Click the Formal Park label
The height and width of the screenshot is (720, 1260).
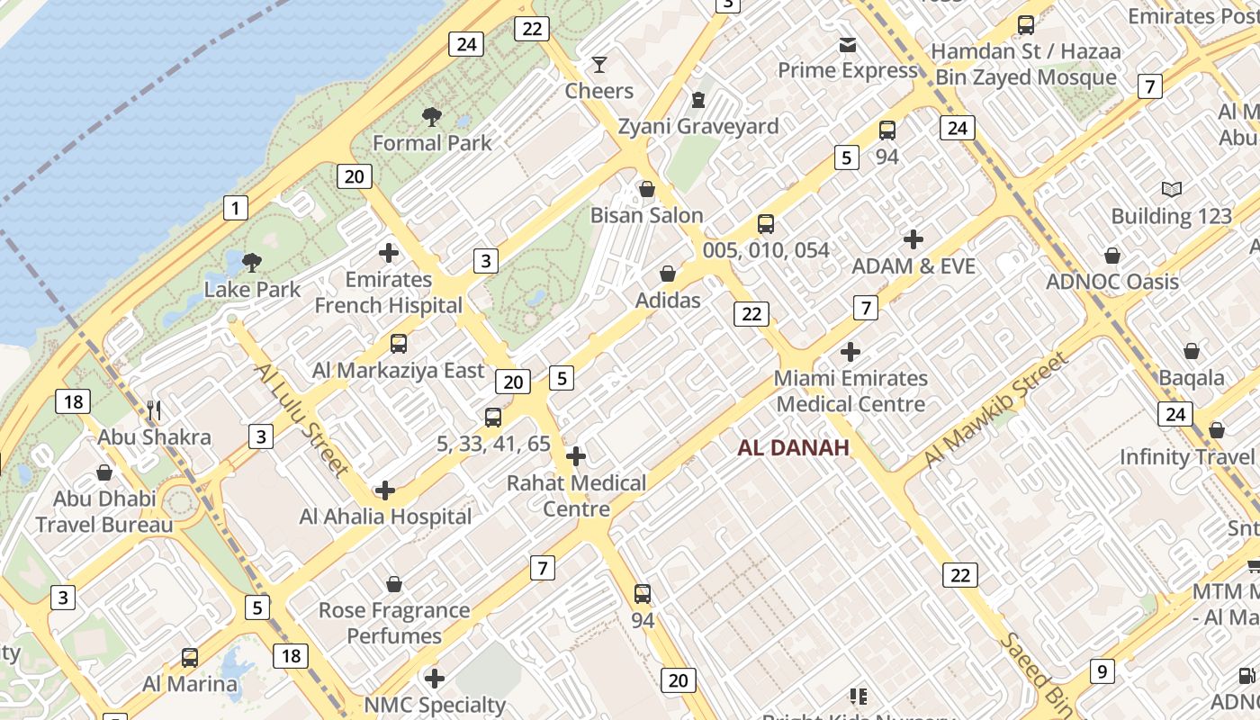pos(432,143)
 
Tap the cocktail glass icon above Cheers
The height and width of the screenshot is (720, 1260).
pos(598,65)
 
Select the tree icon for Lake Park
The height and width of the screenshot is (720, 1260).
pos(252,263)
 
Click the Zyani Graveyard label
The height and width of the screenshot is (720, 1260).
pos(697,127)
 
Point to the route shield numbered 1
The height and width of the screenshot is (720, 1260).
pos(235,209)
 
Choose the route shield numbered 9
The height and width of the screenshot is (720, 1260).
pos(1101,671)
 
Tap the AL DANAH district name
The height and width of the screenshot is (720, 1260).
pos(794,447)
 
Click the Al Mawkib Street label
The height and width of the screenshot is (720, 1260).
pos(996,409)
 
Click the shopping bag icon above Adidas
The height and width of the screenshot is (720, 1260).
pos(668,274)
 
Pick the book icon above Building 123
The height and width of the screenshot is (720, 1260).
pos(1171,190)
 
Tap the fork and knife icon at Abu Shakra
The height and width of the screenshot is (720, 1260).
pos(154,411)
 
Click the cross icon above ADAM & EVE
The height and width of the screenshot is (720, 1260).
pos(913,239)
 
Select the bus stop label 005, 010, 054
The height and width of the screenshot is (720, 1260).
pos(766,250)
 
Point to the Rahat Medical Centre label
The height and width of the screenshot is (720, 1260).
pos(576,496)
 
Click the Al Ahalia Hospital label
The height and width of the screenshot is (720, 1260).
pos(385,517)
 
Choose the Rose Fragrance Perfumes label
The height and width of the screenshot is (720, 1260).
pos(394,623)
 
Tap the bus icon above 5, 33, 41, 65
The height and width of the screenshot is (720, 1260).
pos(492,418)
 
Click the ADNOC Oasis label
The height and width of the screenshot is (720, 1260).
pos(1112,282)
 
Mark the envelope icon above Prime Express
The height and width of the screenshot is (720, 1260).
pos(847,44)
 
